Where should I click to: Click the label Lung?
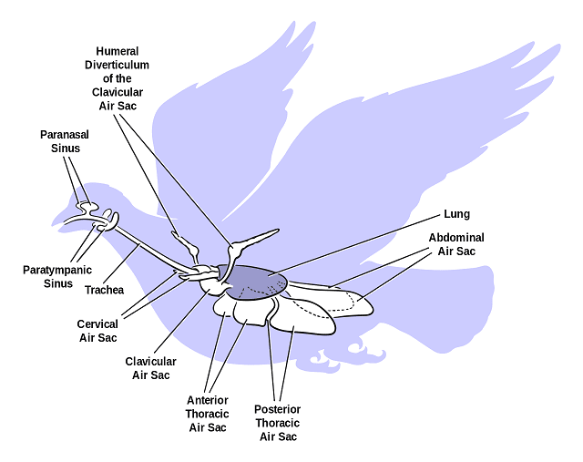pos(456,214)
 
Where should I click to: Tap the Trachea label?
pos(104,291)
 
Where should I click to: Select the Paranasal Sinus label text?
pos(60,141)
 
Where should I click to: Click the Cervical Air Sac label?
pos(97,331)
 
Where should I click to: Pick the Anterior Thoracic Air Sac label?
pos(207,414)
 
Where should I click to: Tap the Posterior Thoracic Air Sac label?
pos(278,423)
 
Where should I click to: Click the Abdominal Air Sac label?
pos(456,244)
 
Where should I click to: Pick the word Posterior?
pos(278,409)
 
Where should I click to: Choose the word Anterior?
pos(207,400)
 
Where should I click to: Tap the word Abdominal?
pos(456,238)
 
